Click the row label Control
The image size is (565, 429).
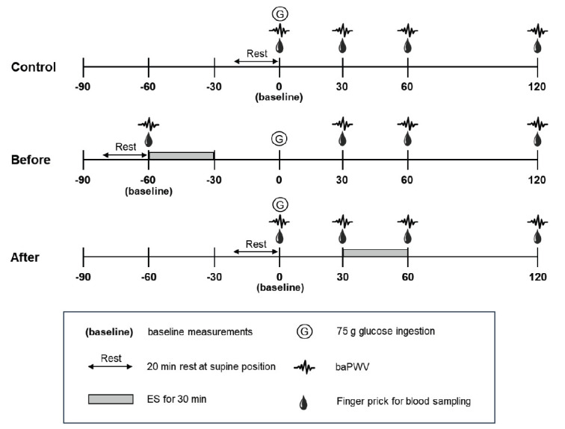(x=34, y=66)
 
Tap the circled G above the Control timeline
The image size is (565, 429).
(x=280, y=13)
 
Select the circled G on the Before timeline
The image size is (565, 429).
(x=279, y=138)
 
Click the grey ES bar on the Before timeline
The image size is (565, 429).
(x=182, y=154)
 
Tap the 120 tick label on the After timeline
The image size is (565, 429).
(x=538, y=275)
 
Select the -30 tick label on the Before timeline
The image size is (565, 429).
(x=214, y=179)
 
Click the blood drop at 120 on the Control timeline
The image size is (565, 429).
(x=538, y=46)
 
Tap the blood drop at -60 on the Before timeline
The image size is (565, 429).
(x=149, y=140)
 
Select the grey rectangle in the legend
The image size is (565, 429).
(x=111, y=400)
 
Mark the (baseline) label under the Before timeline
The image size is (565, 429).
(x=149, y=191)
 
